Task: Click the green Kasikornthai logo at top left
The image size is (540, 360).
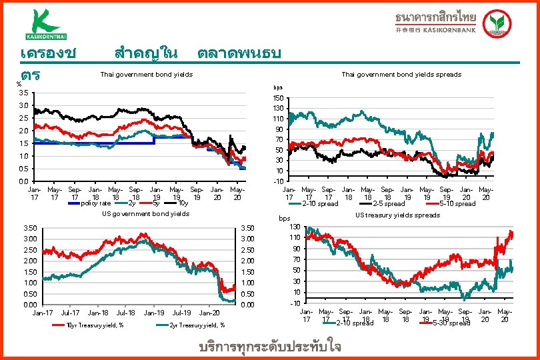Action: (47, 24)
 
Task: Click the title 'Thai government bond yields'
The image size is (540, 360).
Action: (146, 74)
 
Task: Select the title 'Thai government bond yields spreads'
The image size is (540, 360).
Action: (401, 74)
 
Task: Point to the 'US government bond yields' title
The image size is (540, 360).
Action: (145, 214)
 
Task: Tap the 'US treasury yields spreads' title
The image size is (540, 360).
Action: (397, 215)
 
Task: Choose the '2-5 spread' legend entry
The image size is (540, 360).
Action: (389, 203)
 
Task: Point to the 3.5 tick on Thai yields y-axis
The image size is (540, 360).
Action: (23, 93)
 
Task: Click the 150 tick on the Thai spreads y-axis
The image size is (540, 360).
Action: (278, 98)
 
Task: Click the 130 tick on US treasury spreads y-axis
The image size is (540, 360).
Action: (295, 227)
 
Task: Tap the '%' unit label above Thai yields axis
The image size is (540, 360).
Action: (19, 84)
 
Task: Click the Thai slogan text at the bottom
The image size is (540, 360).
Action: (270, 347)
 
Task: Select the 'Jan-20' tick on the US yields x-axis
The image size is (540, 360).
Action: (211, 312)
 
